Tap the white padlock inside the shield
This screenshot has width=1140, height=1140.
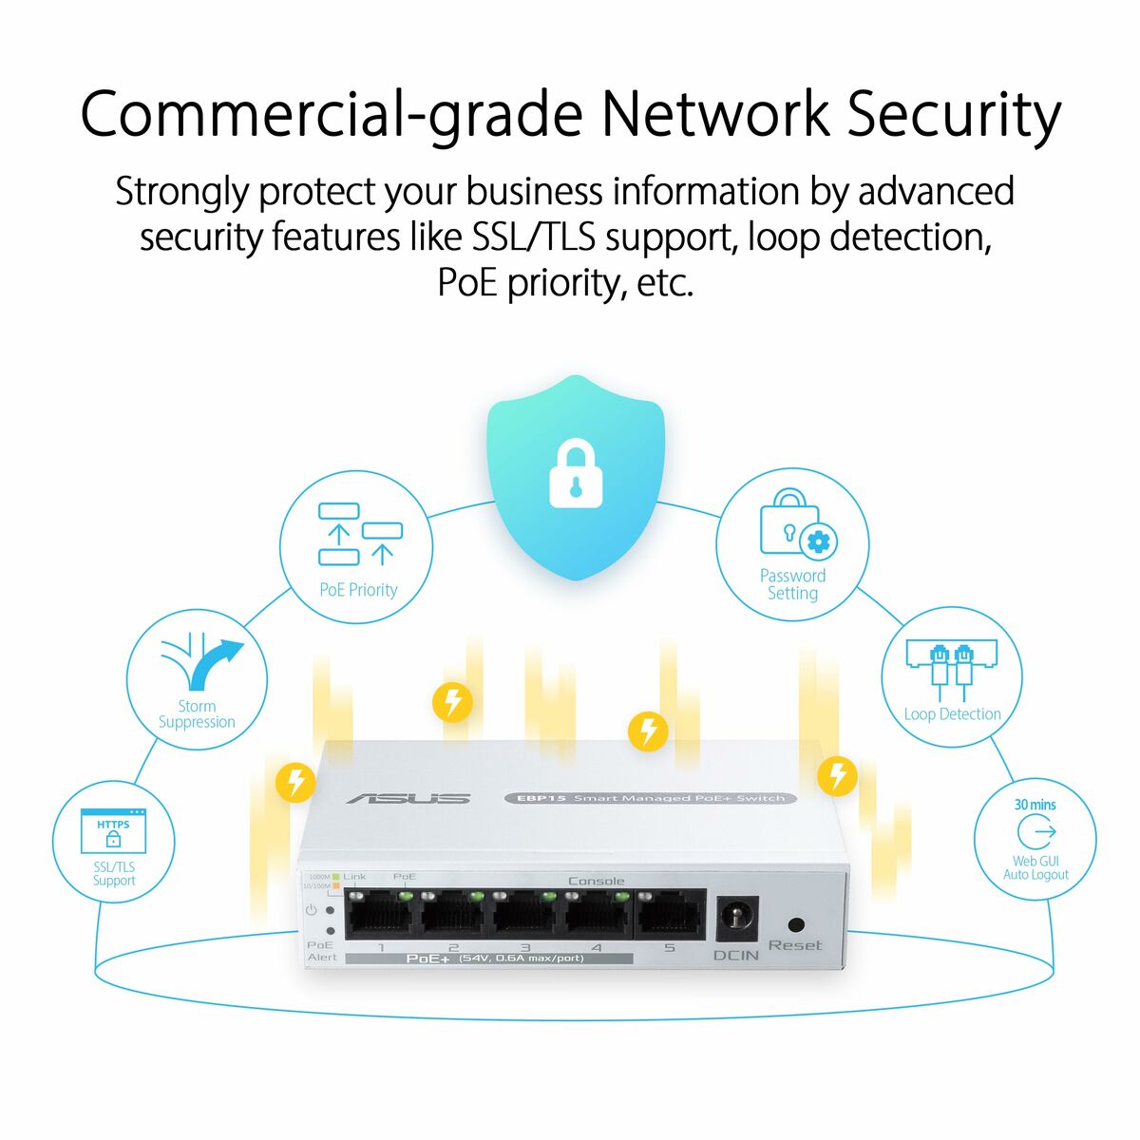click(x=576, y=473)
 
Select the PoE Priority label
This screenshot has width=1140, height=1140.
click(x=358, y=590)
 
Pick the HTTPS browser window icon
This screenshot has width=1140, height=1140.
click(x=113, y=830)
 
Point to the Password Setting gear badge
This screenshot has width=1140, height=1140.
click(x=818, y=542)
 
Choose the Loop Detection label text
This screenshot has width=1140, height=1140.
click(x=952, y=714)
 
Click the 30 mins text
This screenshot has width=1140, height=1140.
click(x=1035, y=805)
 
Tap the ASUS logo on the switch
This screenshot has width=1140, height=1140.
click(x=408, y=798)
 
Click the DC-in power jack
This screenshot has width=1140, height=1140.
click(x=735, y=919)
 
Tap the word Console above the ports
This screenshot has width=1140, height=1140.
click(x=596, y=881)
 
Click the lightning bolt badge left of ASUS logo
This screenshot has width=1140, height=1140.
click(x=295, y=782)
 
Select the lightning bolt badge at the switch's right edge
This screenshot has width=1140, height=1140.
click(x=837, y=775)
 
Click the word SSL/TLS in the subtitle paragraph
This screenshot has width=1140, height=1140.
click(x=534, y=237)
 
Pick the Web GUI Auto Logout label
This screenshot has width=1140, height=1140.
click(x=1035, y=868)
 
